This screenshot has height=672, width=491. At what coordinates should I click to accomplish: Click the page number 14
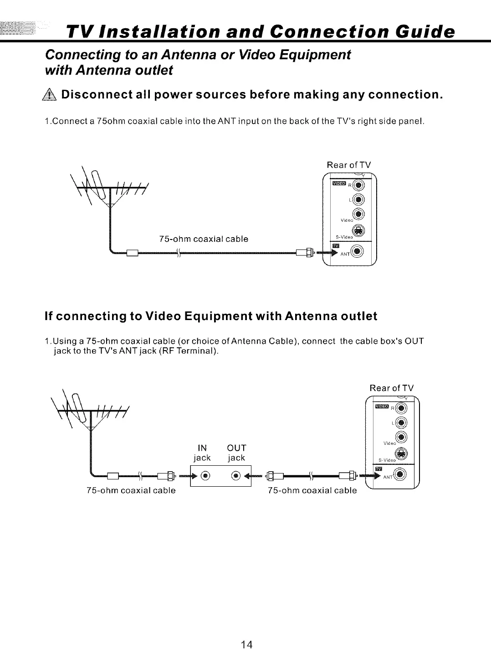[x=246, y=644]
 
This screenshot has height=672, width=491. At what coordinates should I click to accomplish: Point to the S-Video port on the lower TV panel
[x=401, y=454]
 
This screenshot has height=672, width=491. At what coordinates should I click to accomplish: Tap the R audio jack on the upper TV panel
[x=359, y=185]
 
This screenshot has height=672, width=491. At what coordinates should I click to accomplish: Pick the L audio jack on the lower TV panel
[x=401, y=423]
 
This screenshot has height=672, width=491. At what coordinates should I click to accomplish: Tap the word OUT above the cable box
[x=236, y=448]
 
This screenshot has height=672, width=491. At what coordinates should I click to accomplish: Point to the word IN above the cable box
[x=202, y=448]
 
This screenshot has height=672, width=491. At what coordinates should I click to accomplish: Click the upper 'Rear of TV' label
[x=349, y=165]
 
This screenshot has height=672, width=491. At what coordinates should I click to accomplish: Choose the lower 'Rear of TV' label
[x=392, y=388]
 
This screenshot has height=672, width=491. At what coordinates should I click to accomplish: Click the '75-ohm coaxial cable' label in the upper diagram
[x=204, y=239]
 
